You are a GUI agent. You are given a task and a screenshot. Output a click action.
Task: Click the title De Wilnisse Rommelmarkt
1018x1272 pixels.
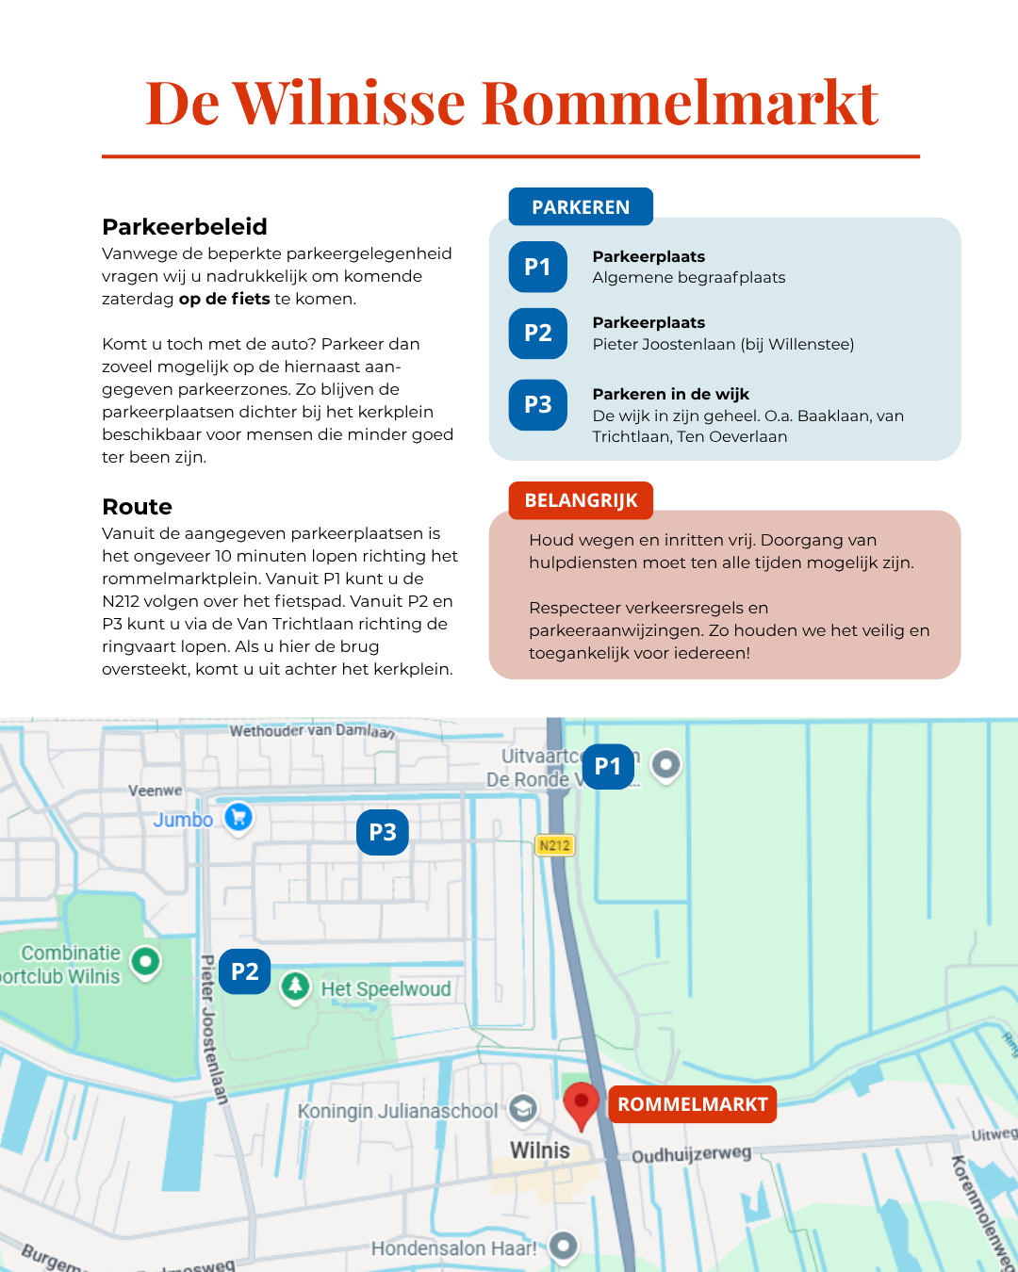click(512, 103)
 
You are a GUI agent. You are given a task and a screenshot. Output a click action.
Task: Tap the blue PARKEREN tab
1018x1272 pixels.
click(581, 207)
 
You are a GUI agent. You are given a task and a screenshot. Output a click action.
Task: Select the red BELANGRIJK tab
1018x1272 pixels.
click(581, 500)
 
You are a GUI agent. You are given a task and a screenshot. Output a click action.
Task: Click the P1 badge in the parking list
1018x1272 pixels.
click(538, 267)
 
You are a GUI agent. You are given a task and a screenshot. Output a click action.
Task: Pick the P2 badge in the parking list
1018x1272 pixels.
click(538, 333)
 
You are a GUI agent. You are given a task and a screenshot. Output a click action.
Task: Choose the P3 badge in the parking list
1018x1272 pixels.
click(538, 404)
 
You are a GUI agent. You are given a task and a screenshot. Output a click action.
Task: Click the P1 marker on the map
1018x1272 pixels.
click(608, 766)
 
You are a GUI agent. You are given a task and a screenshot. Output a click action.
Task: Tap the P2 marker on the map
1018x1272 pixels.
click(245, 971)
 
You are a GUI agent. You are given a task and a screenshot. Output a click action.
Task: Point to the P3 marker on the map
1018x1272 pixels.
click(383, 832)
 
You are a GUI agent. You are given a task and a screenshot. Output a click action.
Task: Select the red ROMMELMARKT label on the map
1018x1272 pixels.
click(693, 1104)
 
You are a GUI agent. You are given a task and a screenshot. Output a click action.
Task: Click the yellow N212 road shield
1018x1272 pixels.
click(554, 845)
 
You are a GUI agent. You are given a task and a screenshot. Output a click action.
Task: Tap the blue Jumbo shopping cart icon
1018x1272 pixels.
click(239, 816)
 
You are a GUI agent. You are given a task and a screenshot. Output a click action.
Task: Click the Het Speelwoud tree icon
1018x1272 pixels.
click(296, 987)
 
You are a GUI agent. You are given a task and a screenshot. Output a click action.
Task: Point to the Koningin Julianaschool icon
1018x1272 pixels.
click(523, 1109)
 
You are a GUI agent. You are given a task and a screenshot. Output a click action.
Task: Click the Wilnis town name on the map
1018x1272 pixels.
click(540, 1150)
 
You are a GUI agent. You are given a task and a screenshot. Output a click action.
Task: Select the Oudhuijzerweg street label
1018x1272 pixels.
click(691, 1154)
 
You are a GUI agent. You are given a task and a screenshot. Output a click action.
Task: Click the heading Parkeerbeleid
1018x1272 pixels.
click(185, 226)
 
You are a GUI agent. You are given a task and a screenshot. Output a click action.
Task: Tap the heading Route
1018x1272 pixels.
click(138, 507)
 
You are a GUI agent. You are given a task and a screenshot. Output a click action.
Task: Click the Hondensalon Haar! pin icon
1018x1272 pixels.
click(564, 1246)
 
